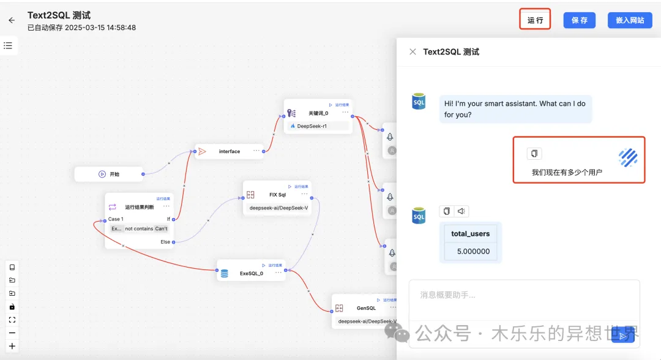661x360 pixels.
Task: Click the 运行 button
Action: (536, 20)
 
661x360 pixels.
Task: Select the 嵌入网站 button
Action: (630, 20)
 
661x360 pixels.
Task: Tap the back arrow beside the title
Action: (12, 20)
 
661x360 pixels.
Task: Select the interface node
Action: (230, 151)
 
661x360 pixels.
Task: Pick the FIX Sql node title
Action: (277, 195)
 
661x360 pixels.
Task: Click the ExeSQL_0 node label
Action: (251, 274)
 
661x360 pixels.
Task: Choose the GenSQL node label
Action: (366, 308)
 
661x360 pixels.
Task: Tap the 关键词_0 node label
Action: (318, 113)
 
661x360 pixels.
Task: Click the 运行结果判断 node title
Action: (140, 207)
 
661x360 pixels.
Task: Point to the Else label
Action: (165, 242)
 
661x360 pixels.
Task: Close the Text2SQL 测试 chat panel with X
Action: (413, 52)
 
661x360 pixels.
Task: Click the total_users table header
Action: (471, 233)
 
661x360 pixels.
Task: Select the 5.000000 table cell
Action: (473, 251)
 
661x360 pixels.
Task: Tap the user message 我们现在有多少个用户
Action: (567, 173)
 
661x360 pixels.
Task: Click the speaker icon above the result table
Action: (461, 211)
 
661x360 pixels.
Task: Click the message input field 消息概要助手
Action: (524, 296)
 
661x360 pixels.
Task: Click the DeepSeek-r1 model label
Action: (312, 126)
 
